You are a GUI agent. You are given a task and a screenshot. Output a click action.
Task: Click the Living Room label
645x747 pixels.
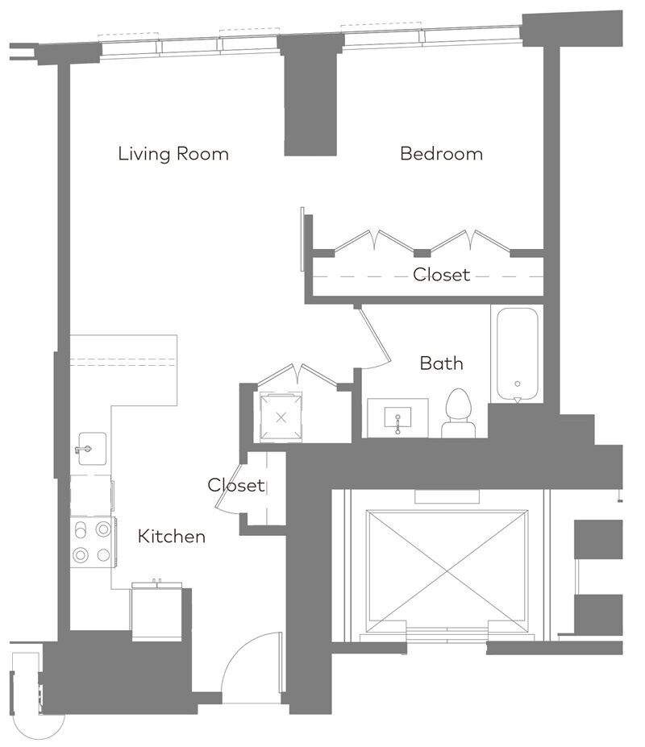(x=173, y=154)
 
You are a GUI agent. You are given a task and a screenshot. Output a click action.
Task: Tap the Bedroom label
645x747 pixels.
(x=442, y=153)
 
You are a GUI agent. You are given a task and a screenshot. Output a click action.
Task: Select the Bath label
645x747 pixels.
(x=442, y=363)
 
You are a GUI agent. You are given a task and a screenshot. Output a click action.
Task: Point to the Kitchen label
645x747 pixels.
(x=172, y=536)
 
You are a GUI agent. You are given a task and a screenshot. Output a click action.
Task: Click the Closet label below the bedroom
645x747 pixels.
(x=442, y=275)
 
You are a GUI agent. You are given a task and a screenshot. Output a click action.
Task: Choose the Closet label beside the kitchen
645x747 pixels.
(x=236, y=485)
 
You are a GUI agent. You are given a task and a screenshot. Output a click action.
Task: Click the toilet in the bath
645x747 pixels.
(x=459, y=413)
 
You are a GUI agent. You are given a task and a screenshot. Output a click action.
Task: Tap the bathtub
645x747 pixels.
(x=518, y=354)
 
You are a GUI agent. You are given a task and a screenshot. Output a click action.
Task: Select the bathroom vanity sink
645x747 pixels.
(x=397, y=417)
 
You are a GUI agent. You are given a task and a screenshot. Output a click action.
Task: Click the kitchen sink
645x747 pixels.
(x=92, y=449)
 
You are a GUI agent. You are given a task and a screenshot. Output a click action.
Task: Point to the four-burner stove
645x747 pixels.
(x=93, y=542)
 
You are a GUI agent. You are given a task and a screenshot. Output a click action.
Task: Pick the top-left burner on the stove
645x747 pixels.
(x=81, y=529)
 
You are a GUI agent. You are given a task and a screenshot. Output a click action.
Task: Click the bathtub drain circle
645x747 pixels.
(x=518, y=384)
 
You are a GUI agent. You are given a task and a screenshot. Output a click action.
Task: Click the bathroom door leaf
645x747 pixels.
(x=375, y=334)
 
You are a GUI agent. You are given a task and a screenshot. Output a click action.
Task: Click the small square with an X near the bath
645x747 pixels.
(x=281, y=417)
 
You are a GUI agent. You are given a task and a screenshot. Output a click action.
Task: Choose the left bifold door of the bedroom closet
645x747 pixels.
(x=373, y=241)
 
